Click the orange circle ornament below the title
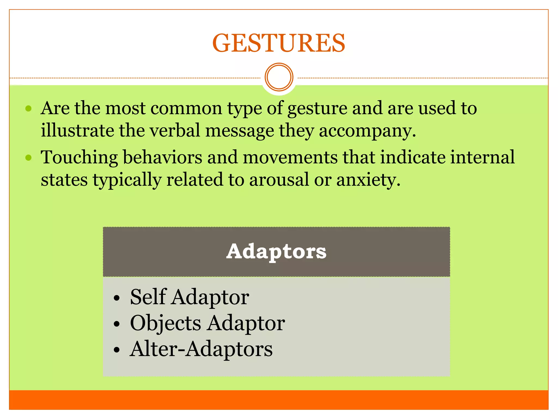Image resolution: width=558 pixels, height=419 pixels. pyautogui.click(x=279, y=77)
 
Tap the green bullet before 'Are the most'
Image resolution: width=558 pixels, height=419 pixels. pyautogui.click(x=28, y=109)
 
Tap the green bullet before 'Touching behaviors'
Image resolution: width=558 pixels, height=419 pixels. pyautogui.click(x=28, y=158)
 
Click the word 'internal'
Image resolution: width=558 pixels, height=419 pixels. pyautogui.click(x=482, y=157)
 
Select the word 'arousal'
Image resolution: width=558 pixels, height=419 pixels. pyautogui.click(x=279, y=180)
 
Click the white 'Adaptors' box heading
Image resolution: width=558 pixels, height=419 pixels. pyautogui.click(x=276, y=252)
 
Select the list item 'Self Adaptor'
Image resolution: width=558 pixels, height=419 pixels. pyautogui.click(x=189, y=297)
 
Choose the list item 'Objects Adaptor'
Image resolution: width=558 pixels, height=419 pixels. pyautogui.click(x=207, y=323)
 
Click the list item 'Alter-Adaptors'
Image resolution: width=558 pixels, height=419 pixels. pyautogui.click(x=201, y=349)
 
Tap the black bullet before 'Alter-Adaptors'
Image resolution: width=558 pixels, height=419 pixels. pyautogui.click(x=117, y=350)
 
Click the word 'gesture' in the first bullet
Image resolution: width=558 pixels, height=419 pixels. pyautogui.click(x=317, y=109)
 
